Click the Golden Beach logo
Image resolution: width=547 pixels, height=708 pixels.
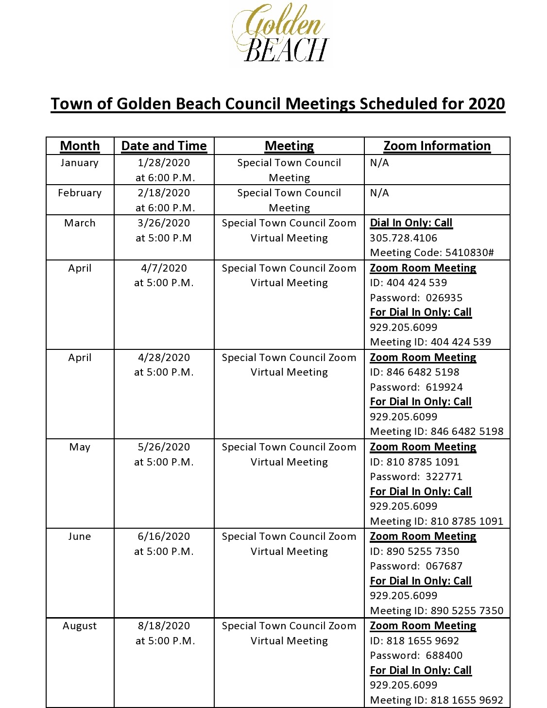coord(281,33)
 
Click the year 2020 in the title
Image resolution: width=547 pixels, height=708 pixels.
coord(486,104)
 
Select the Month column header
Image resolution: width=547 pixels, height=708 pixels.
coord(80,146)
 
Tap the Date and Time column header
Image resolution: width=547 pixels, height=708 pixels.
coord(164,146)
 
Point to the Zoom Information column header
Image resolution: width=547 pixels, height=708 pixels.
coord(437,146)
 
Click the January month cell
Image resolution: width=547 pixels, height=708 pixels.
coord(80,163)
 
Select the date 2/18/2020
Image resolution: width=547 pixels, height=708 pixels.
coord(164,193)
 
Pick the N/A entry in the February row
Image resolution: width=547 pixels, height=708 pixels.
coord(379,193)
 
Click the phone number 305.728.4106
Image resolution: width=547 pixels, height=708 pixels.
coord(403,238)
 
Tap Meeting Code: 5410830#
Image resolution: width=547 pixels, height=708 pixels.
coord(432,253)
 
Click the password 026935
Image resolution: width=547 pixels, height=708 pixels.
coord(444,298)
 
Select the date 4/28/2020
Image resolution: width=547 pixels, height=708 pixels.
coord(164,358)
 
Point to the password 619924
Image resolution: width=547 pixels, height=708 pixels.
coord(444,387)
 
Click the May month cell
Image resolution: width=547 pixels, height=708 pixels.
coord(80,447)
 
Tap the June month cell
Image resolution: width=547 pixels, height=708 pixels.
coord(80,536)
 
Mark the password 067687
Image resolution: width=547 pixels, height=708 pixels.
coord(444,566)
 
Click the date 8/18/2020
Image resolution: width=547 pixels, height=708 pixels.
coord(164,626)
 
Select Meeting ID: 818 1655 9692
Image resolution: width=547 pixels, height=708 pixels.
coord(436,700)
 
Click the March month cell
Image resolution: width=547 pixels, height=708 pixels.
coord(80,223)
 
